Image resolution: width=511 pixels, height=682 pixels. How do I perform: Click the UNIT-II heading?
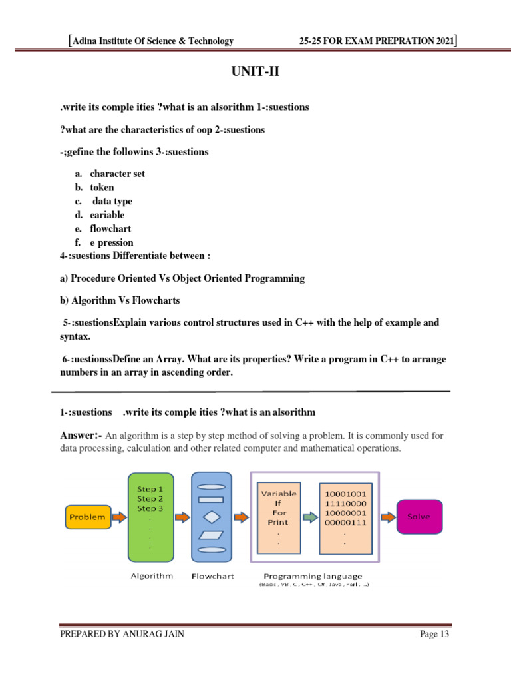click(x=255, y=71)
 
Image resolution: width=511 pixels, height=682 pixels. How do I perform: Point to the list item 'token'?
click(x=102, y=188)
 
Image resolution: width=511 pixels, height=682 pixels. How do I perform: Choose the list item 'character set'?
click(x=117, y=174)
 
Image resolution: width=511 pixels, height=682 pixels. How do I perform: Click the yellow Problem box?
click(x=87, y=517)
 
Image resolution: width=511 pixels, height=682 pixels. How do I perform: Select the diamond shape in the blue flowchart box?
click(x=212, y=517)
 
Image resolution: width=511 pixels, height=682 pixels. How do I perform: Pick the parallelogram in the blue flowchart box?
click(x=212, y=535)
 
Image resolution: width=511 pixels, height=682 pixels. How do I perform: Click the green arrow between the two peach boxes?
click(x=309, y=517)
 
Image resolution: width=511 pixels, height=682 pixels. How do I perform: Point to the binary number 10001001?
click(x=345, y=494)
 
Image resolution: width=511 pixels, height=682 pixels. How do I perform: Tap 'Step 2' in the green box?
click(x=150, y=498)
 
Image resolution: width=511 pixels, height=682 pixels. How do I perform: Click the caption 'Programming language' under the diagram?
click(x=313, y=576)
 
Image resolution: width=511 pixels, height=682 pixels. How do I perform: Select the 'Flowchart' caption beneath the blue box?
click(x=212, y=576)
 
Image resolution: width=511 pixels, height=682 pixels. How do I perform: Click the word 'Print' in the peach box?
click(x=279, y=523)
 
